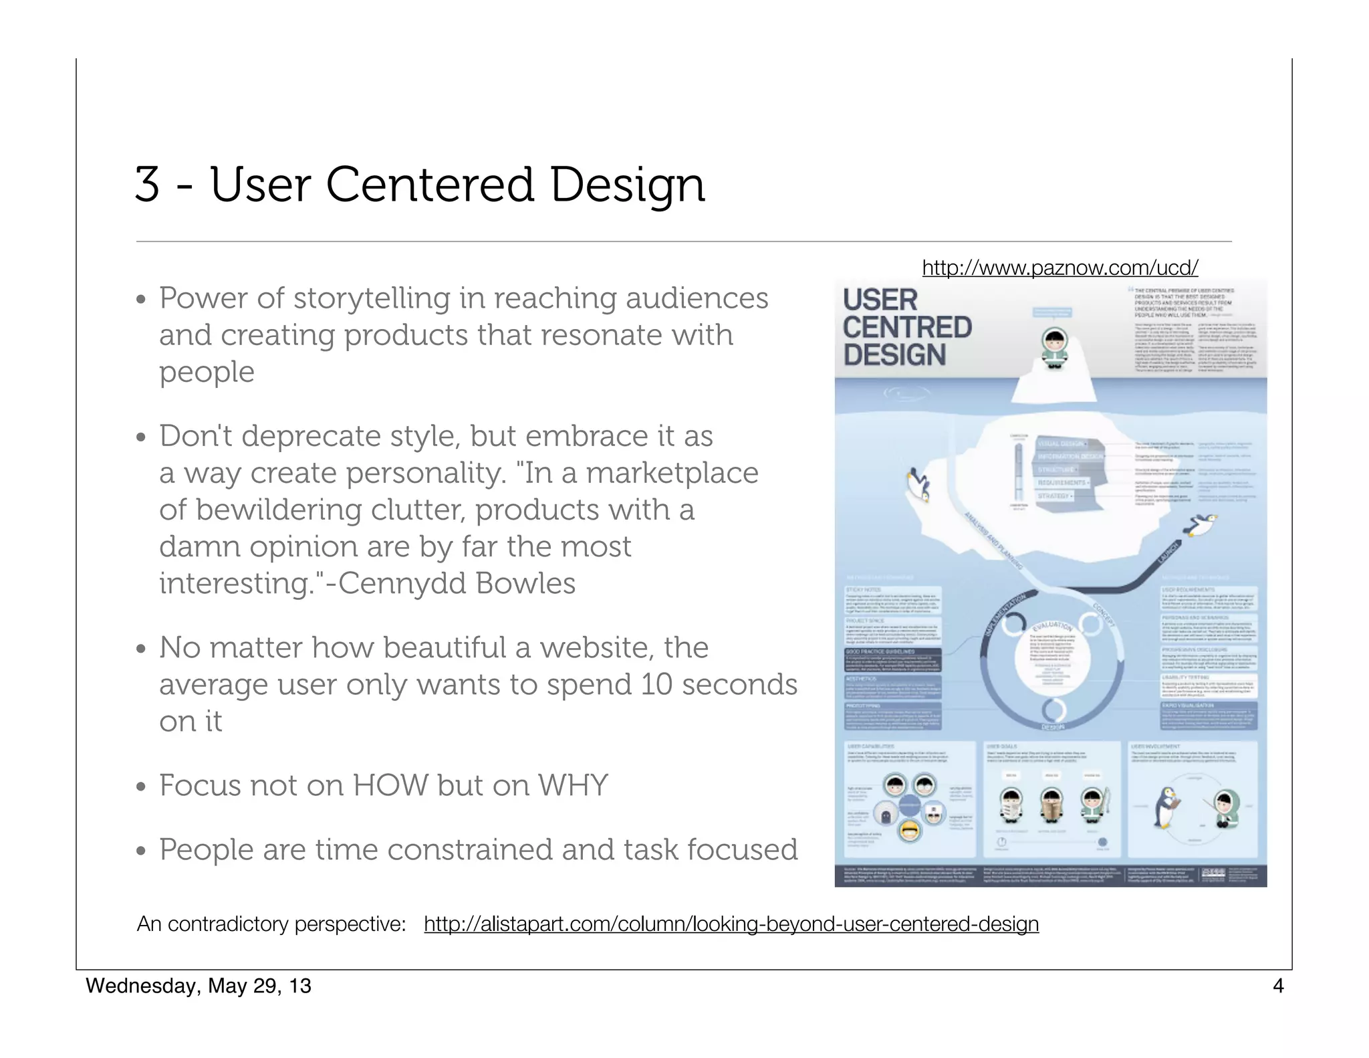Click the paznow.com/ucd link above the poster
pos(1060,268)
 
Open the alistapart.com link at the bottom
pos(731,924)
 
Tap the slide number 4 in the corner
pos(1277,986)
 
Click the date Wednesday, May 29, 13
pos(199,986)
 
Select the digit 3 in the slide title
pos(148,185)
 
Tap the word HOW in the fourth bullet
pos(390,785)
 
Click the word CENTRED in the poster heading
pos(907,328)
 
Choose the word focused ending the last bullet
pos(742,850)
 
